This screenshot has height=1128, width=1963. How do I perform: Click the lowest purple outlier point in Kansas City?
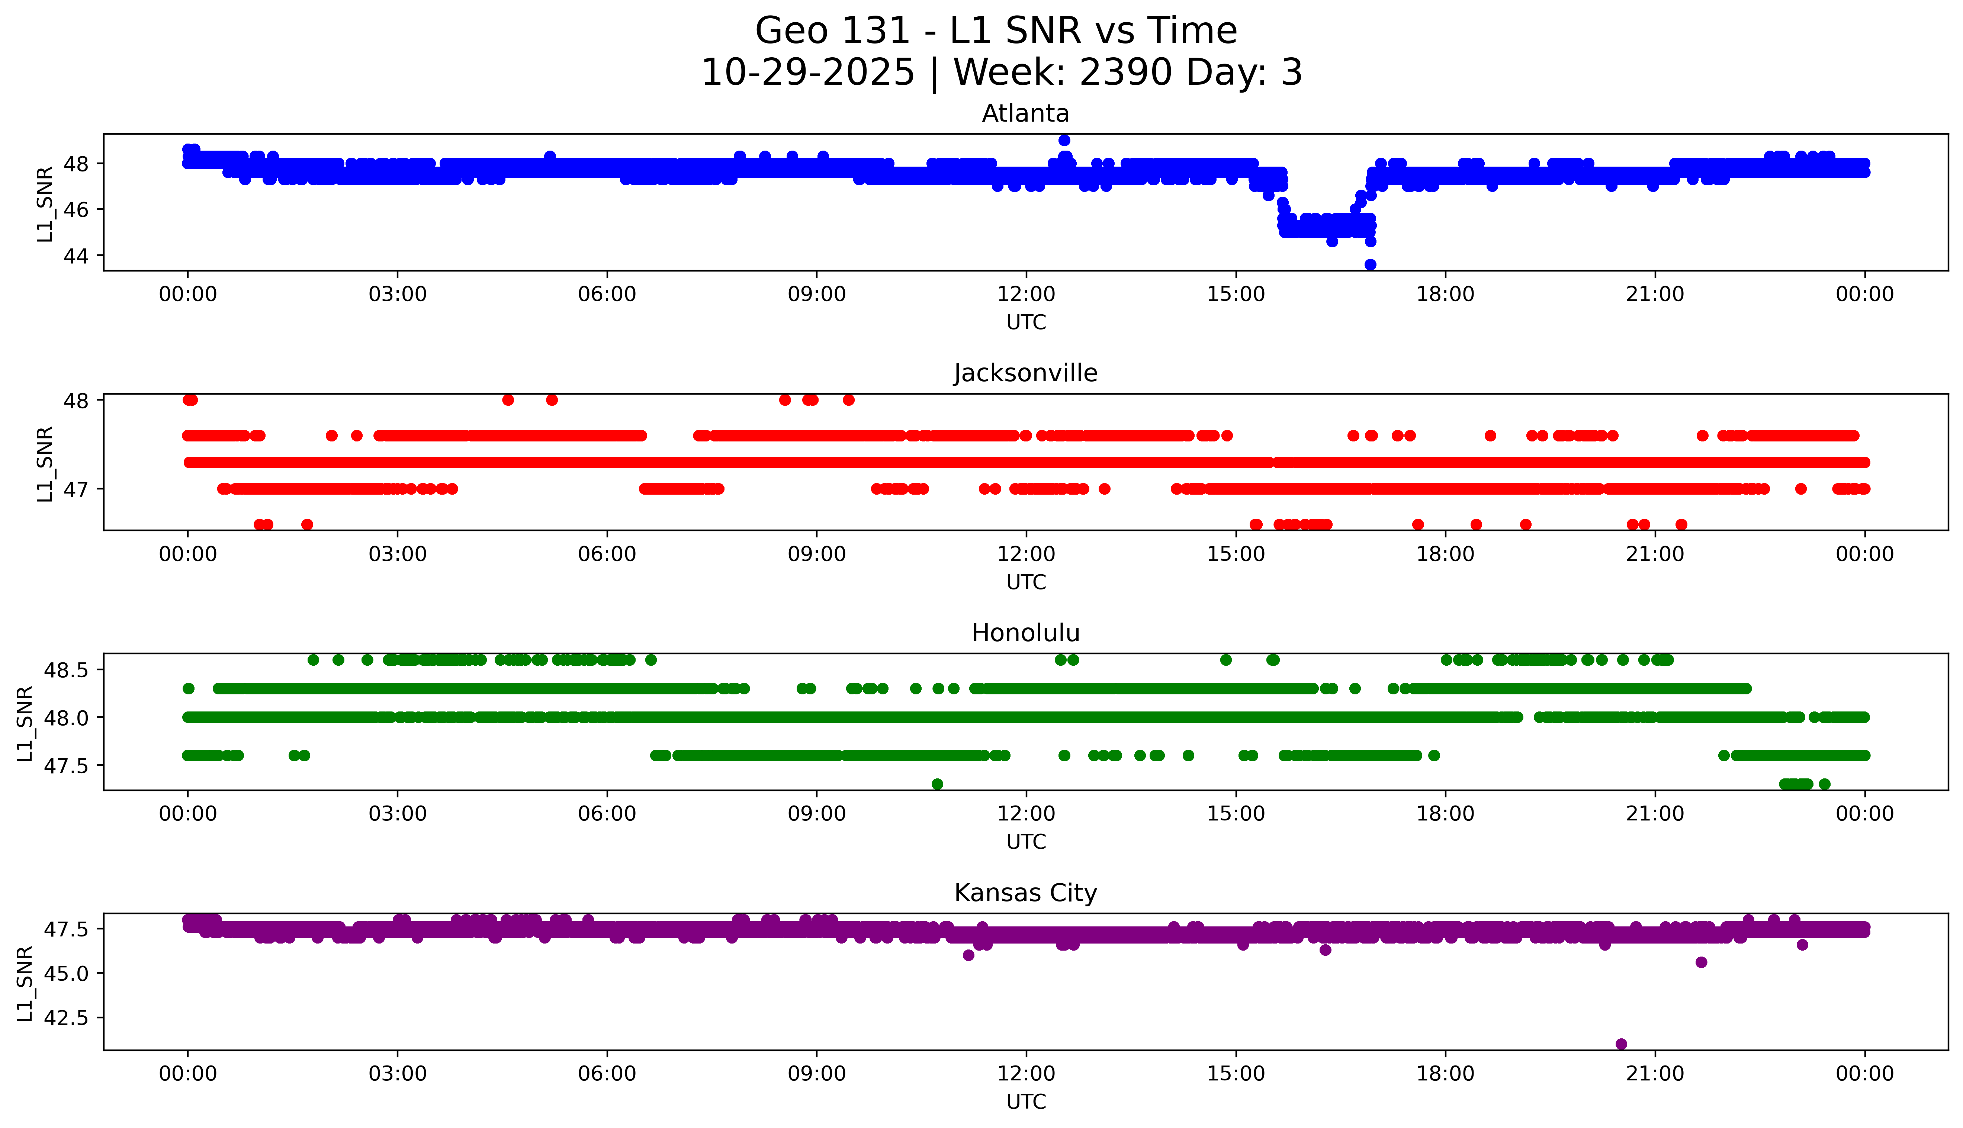pos(1620,1044)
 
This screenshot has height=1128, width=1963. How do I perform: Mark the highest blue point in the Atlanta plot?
pos(1064,140)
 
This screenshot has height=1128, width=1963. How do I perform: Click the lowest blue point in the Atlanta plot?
pos(1371,265)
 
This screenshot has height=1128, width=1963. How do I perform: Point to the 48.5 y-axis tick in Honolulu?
pos(68,669)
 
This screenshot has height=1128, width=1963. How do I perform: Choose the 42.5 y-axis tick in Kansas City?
pos(68,1017)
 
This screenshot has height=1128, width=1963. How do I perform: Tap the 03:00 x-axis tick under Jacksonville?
pos(398,554)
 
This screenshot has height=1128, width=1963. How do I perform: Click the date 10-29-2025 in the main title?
pos(808,73)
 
